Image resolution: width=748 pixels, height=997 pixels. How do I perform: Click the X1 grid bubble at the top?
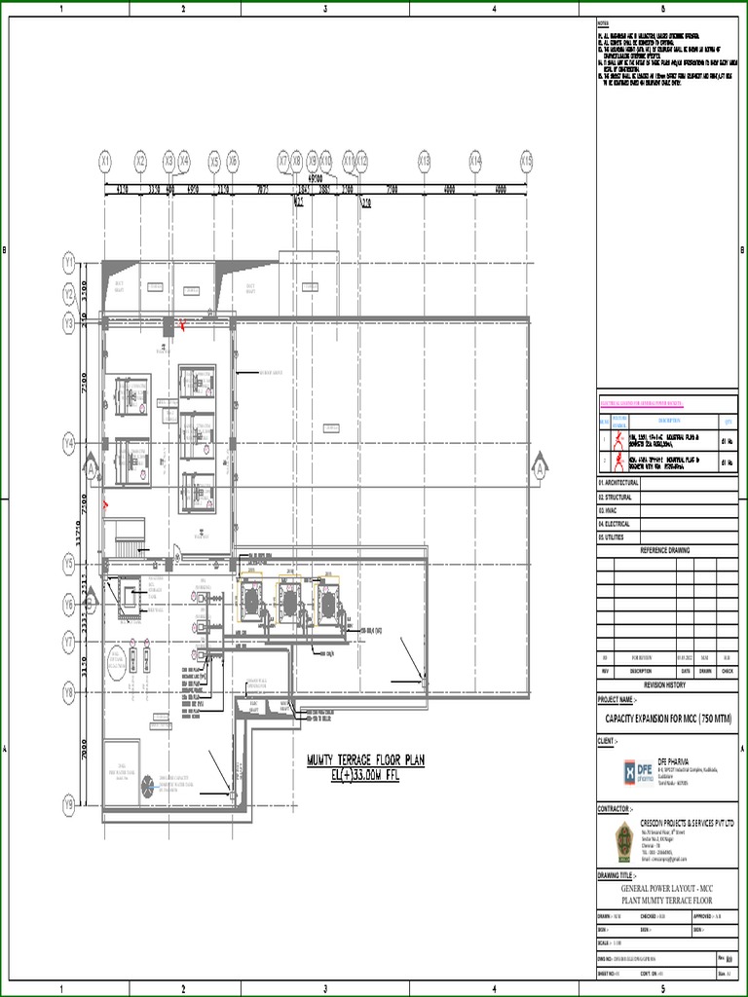coord(105,160)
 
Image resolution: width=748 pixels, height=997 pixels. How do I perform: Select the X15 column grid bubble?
coord(527,160)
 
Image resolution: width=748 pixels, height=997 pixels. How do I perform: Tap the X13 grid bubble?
coord(424,160)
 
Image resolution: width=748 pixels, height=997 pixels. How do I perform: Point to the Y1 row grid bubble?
coord(69,262)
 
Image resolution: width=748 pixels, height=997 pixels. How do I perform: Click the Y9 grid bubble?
coord(69,804)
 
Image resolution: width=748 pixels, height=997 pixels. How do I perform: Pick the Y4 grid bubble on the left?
coord(69,444)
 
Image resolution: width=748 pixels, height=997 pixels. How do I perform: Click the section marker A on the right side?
coord(538,469)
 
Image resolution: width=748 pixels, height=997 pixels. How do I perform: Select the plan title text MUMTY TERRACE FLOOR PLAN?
coord(366,760)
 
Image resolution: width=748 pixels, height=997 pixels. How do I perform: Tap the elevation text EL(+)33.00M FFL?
coord(366,774)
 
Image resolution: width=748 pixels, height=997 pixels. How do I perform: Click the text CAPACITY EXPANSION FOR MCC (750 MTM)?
coord(668,719)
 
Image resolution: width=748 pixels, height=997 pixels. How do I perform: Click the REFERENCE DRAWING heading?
coord(664,550)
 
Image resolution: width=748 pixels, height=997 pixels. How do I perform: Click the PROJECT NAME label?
coord(617,700)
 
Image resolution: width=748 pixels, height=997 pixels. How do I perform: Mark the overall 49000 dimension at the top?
coord(316,178)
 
